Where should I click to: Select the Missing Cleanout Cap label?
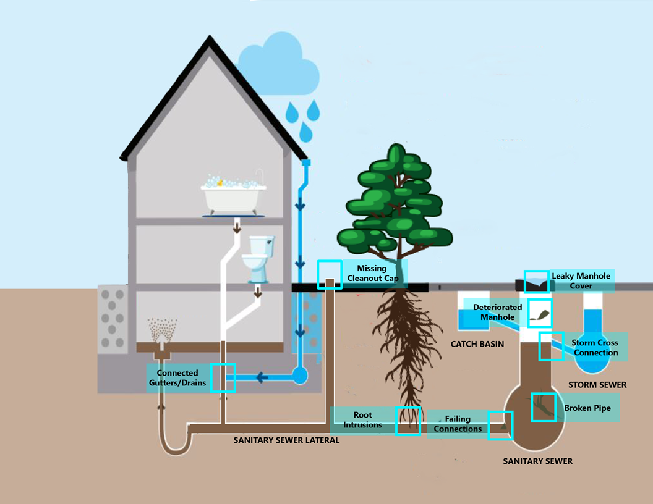[x=371, y=273]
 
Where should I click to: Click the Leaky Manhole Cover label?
[x=581, y=281]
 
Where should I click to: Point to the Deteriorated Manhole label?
[x=497, y=312]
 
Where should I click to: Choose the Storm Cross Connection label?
[x=595, y=348]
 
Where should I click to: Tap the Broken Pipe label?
[x=587, y=408]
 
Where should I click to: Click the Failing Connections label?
[x=458, y=424]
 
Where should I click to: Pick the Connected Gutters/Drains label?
[x=177, y=378]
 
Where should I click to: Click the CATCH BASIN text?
[x=477, y=344]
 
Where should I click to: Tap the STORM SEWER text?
[x=597, y=385]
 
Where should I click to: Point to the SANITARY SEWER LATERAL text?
[x=286, y=440]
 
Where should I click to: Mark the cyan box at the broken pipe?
[x=544, y=407]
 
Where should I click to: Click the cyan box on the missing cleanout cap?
[x=330, y=275]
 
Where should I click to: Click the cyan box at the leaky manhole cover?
[x=536, y=282]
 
